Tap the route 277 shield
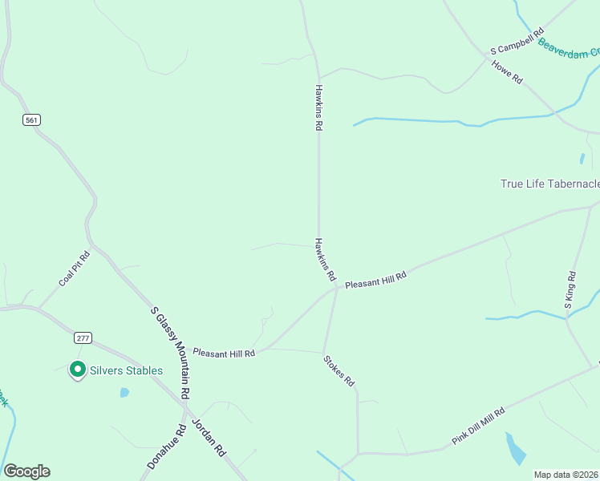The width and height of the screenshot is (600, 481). coord(83,338)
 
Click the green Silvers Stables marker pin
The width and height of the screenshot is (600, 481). coord(78,370)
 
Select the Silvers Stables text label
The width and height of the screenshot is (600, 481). coord(126,370)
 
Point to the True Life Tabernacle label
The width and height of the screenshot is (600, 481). coord(549,184)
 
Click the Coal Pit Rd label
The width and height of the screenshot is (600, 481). coord(74,269)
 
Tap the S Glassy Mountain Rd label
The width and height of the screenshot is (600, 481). coord(171,353)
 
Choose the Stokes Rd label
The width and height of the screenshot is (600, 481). coord(339,371)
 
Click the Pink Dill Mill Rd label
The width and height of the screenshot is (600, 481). coord(478,426)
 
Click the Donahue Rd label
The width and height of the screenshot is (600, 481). coord(167,447)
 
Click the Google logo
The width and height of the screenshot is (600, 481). coord(26,471)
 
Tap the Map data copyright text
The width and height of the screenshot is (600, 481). coord(566,475)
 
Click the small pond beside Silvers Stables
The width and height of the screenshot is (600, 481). coord(124,393)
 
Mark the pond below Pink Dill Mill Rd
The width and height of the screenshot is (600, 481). coord(516,449)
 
